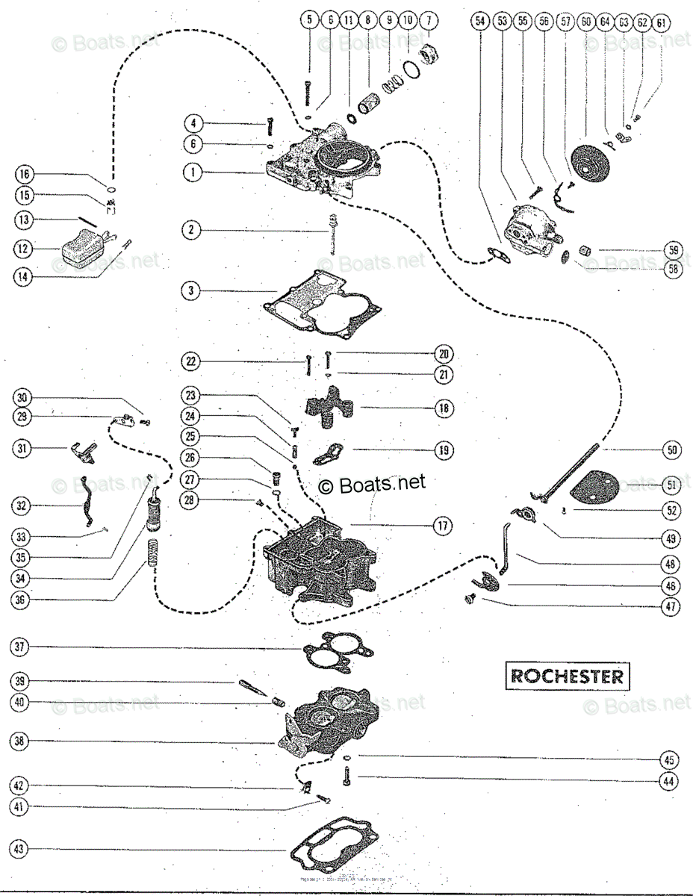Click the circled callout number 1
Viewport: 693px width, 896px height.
click(191, 172)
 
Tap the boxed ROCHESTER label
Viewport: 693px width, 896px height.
click(566, 676)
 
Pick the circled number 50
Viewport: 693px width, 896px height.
click(671, 450)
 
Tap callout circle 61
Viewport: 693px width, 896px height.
click(660, 22)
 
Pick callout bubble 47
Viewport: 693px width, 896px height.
click(671, 607)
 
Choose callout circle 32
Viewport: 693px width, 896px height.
click(22, 505)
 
